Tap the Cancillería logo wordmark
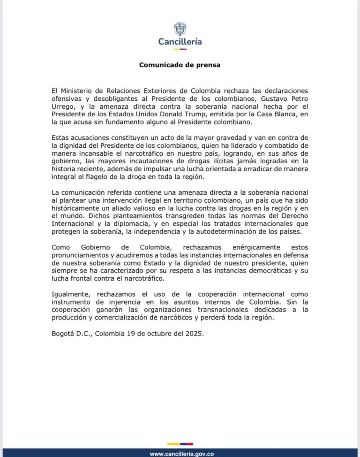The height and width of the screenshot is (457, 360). [180, 42]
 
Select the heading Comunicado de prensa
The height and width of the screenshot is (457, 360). [180, 65]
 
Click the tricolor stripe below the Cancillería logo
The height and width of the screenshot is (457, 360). [180, 49]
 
